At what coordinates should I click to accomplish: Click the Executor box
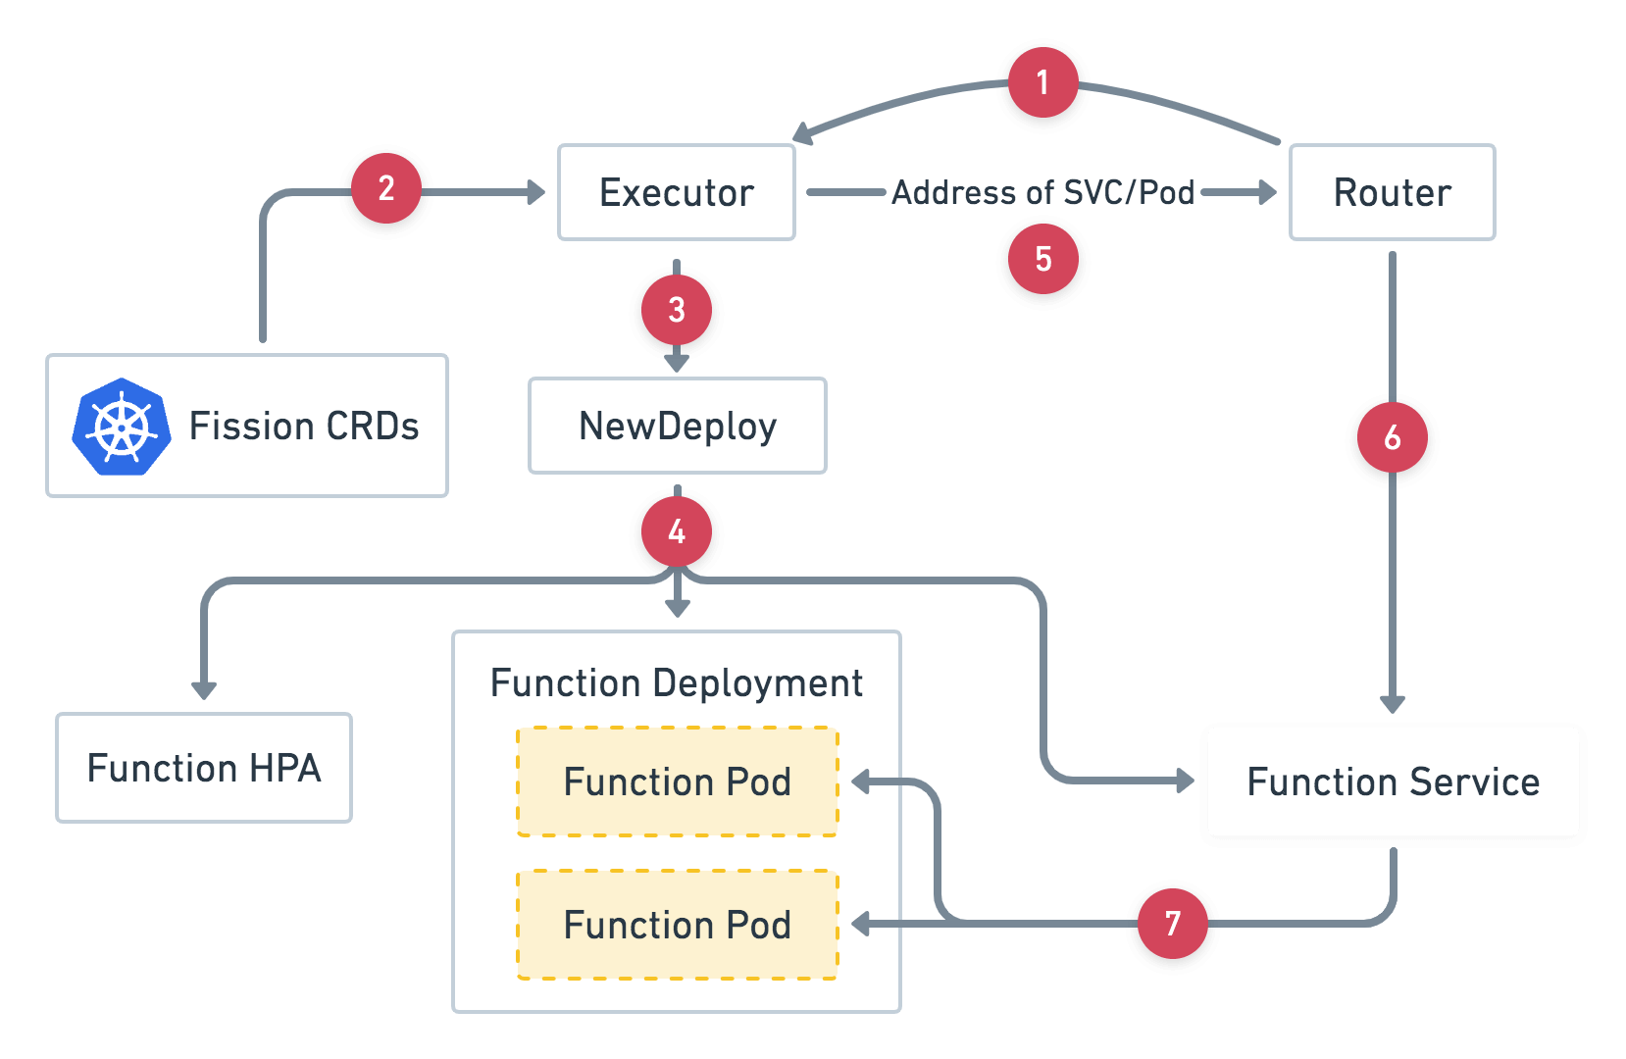pos(677,192)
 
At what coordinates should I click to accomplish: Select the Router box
pos(1392,192)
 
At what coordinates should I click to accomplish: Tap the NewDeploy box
pos(677,426)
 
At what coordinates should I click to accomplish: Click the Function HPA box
pos(204,768)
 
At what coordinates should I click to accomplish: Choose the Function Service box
pos(1393,782)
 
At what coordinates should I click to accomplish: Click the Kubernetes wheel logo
pos(122,427)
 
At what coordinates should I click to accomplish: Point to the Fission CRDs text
pos(304,427)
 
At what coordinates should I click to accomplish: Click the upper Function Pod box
pos(677,782)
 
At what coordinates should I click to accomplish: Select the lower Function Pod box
pos(677,925)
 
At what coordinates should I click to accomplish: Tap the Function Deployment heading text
pos(677,682)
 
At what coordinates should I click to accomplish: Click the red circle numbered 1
pos(1042,82)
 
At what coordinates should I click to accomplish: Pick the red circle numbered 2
pos(386,188)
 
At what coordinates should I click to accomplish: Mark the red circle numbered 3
pos(677,310)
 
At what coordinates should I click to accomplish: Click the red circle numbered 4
pos(677,531)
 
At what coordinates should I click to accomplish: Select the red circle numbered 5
pos(1042,259)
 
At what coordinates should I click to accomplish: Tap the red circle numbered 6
pos(1392,437)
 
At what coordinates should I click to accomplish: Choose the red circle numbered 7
pos(1172,924)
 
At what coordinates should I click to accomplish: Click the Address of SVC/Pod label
pos(1042,192)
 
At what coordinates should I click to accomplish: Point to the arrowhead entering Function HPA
pos(204,690)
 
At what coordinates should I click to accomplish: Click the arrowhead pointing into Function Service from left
pos(1186,782)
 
